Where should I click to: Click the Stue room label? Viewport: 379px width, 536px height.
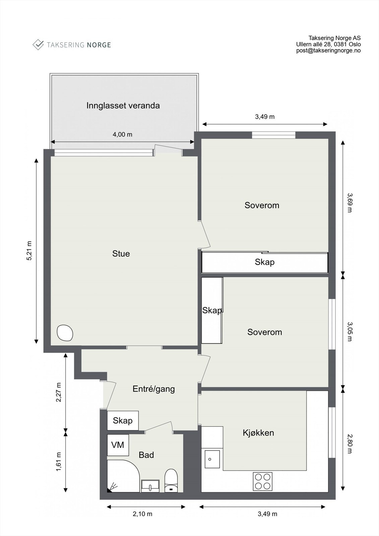121,254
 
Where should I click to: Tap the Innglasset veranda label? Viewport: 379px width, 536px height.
123,106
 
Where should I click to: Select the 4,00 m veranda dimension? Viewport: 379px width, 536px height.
122,134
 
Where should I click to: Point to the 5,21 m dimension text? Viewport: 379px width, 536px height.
29,250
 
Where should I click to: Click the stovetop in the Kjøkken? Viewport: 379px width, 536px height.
262,481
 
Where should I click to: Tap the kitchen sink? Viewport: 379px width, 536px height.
212,459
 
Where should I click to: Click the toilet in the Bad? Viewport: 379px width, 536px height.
171,481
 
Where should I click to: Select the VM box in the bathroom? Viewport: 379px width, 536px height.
118,445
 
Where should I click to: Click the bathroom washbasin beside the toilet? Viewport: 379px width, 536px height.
150,486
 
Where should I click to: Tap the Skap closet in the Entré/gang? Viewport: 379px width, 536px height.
123,420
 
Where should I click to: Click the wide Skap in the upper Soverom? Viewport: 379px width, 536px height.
264,262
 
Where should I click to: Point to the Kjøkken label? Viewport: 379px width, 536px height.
258,432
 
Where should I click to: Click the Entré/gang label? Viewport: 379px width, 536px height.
154,389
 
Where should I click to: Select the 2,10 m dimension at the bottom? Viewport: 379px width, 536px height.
143,514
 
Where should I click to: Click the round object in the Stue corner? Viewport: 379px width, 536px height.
65,333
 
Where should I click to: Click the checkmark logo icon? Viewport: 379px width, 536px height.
38,45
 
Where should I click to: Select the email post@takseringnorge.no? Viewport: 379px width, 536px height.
328,51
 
